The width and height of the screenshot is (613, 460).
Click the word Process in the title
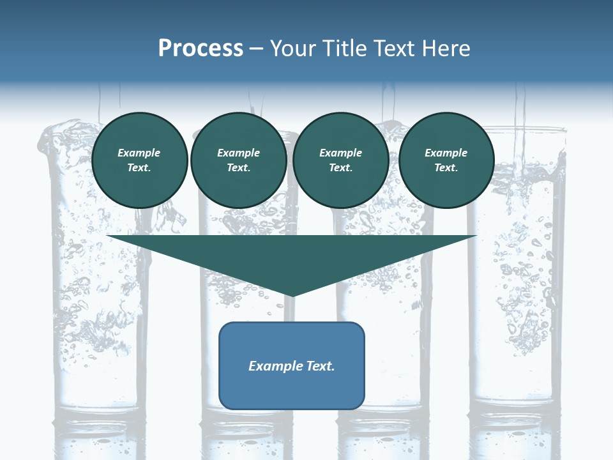coord(201,49)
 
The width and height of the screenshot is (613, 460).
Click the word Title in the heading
coord(345,49)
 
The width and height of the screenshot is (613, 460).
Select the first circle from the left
coord(139,160)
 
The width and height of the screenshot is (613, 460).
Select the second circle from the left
coord(238,160)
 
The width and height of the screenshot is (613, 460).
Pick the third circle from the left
coord(340,160)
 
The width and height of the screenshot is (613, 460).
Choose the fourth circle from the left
coord(446,160)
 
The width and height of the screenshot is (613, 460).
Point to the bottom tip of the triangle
coord(292,295)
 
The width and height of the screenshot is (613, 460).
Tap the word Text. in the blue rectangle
coord(319,366)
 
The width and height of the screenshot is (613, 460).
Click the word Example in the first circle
coord(139,153)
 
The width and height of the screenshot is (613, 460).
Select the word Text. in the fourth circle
coord(446,168)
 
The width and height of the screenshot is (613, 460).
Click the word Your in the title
coord(291,49)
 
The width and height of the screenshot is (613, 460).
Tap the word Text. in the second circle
coord(238,168)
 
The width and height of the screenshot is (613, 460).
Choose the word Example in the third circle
coord(340,153)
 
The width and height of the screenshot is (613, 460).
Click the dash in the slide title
coord(257,49)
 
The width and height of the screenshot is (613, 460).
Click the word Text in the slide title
coord(393,49)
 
